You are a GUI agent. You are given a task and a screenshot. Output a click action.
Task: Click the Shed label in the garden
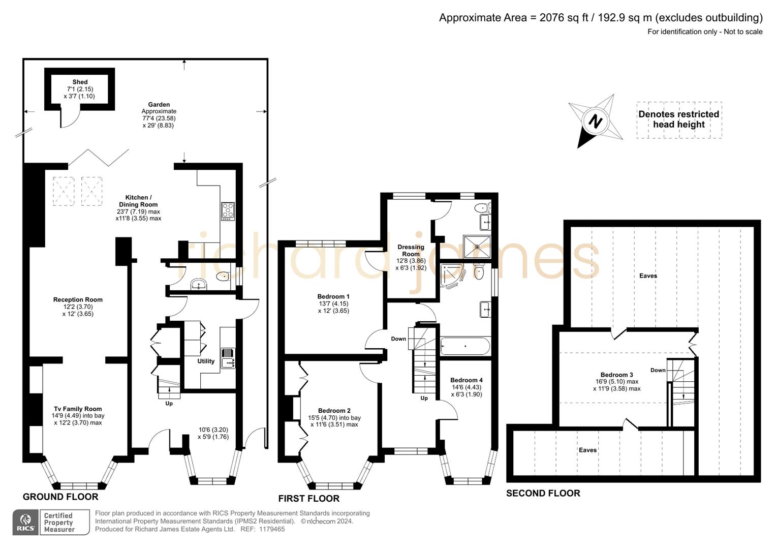click(x=80, y=82)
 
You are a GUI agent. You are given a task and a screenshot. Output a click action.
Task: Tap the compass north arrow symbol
click(x=595, y=121)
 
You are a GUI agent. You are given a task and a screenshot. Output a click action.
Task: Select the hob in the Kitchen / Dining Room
click(x=228, y=211)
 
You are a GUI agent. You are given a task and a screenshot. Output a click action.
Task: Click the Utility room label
click(x=206, y=361)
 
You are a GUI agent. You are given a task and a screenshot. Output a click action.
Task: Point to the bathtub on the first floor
click(x=465, y=347)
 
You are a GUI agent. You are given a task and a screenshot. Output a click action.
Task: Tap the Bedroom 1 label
click(x=333, y=296)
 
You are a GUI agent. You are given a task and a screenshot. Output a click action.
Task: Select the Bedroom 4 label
click(x=466, y=380)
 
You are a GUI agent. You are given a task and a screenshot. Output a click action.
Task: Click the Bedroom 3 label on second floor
click(x=616, y=375)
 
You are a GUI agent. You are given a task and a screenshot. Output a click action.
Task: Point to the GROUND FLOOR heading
click(x=60, y=497)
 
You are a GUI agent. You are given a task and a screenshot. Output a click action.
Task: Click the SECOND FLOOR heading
click(x=543, y=493)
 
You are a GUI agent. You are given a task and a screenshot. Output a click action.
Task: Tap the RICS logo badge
click(x=25, y=523)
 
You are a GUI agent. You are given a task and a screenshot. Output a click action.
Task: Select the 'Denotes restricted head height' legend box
click(x=678, y=120)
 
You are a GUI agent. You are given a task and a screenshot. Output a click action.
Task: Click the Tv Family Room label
click(x=78, y=409)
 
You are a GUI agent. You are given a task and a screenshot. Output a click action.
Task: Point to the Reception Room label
click(x=78, y=300)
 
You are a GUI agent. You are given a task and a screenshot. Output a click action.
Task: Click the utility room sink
click(x=228, y=357)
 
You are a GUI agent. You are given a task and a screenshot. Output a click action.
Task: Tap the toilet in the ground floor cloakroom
click(x=223, y=277)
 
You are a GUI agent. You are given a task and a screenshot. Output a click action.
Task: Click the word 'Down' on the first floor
click(x=398, y=339)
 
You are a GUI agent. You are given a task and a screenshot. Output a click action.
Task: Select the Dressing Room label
click(x=411, y=251)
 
